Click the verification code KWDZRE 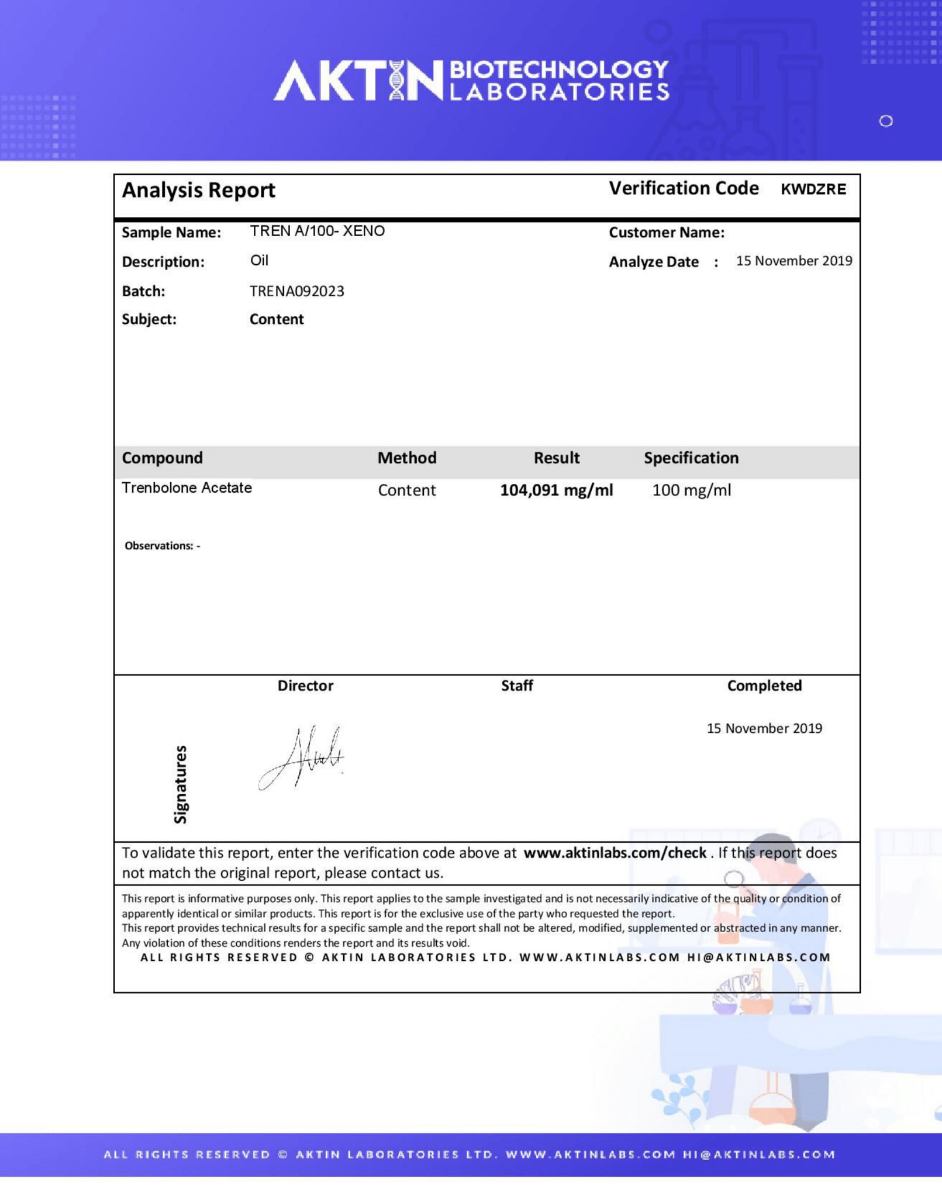pyautogui.click(x=813, y=189)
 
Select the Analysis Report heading pyautogui.click(x=198, y=191)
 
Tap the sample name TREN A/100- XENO pyautogui.click(x=317, y=231)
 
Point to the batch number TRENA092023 pyautogui.click(x=296, y=291)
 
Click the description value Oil pyautogui.click(x=259, y=261)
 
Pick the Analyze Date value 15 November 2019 pyautogui.click(x=793, y=261)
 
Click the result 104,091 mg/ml pyautogui.click(x=556, y=490)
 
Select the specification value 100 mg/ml pyautogui.click(x=691, y=490)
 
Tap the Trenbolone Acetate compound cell pyautogui.click(x=187, y=487)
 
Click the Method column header pyautogui.click(x=406, y=458)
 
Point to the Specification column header pyautogui.click(x=691, y=458)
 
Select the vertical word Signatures pyautogui.click(x=181, y=784)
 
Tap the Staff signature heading pyautogui.click(x=517, y=686)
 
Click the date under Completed pyautogui.click(x=764, y=728)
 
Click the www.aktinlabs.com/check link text pyautogui.click(x=615, y=853)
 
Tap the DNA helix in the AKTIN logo pyautogui.click(x=397, y=80)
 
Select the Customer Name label pyautogui.click(x=667, y=233)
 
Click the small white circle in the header pyautogui.click(x=886, y=121)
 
